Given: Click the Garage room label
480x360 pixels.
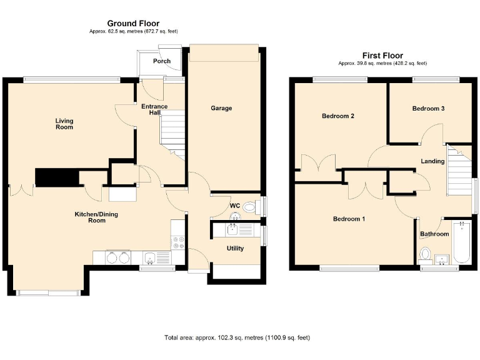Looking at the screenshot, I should [x=221, y=108].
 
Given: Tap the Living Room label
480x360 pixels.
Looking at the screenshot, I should [x=64, y=124].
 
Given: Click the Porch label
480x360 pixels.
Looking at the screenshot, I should [x=162, y=61].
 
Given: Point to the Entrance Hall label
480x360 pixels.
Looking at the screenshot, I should [x=154, y=110].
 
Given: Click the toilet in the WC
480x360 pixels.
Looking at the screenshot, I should [x=249, y=207].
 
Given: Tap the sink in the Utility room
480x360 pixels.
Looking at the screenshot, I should [x=232, y=229].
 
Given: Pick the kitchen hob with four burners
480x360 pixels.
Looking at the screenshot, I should [x=178, y=241].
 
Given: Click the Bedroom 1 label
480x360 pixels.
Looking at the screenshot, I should [x=349, y=219].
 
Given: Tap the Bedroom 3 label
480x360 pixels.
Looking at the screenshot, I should [x=428, y=108].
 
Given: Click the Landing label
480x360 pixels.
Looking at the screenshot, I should [x=432, y=161].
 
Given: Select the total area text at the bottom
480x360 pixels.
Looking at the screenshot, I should [x=237, y=337].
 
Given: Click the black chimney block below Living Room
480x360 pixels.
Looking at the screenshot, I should [x=57, y=177].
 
